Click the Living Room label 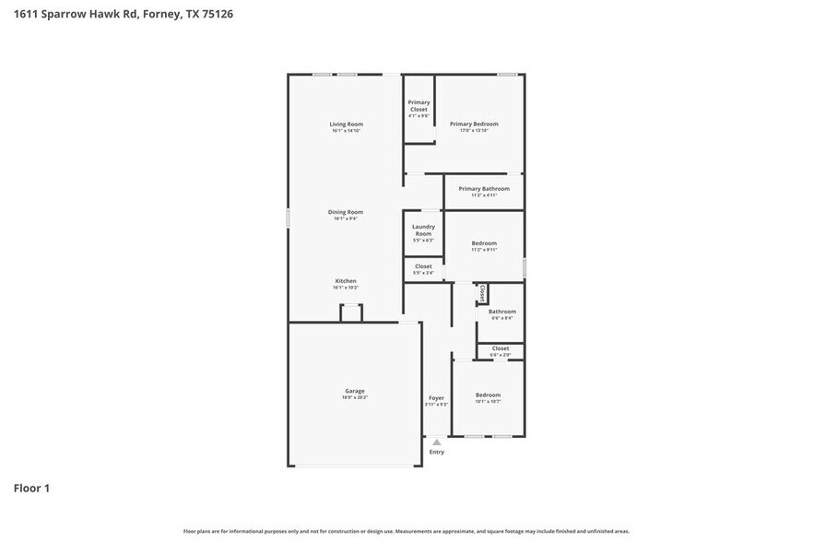[x=347, y=124]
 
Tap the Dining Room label [x=346, y=212]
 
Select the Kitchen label [x=346, y=281]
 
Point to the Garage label [x=355, y=391]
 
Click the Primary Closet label [x=418, y=106]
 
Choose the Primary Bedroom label [x=474, y=124]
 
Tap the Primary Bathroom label [x=484, y=188]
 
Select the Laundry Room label [x=423, y=230]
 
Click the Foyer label [x=436, y=397]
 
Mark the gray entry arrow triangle [x=437, y=442]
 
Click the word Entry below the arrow [x=437, y=452]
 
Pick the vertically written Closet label [x=482, y=293]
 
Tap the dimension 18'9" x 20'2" [x=355, y=397]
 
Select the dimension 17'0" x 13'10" [x=474, y=130]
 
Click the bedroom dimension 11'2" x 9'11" [x=484, y=250]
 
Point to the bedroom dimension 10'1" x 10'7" [x=488, y=401]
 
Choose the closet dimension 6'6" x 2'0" [x=501, y=355]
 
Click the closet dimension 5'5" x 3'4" [x=423, y=273]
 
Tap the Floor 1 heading [x=31, y=488]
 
